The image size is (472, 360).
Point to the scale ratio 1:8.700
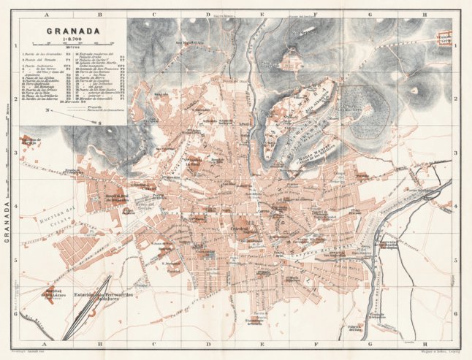(69, 40)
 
